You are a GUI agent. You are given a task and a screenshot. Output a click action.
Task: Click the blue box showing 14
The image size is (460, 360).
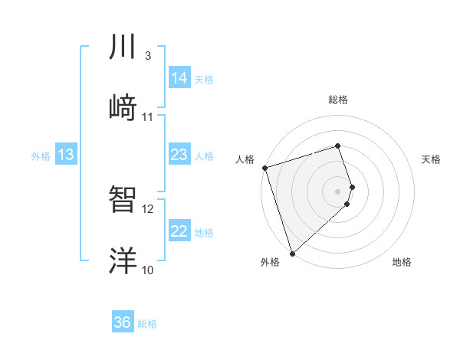click(179, 78)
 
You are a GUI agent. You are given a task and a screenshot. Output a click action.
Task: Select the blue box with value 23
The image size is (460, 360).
click(179, 155)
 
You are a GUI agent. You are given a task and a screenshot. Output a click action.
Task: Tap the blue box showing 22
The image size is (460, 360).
click(179, 231)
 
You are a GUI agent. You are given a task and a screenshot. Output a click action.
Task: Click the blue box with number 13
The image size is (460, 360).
click(66, 155)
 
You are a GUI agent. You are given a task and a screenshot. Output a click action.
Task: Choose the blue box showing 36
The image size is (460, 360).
click(123, 322)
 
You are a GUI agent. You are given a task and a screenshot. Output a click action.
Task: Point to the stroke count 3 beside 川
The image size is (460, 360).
click(147, 56)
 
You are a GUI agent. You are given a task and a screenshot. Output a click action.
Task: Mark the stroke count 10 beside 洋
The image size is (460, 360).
click(147, 270)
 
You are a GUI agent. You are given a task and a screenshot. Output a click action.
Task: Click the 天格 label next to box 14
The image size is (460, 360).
click(204, 79)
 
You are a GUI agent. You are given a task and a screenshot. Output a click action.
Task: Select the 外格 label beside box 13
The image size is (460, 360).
click(41, 155)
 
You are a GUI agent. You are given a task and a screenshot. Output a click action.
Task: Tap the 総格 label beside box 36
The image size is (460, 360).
click(147, 324)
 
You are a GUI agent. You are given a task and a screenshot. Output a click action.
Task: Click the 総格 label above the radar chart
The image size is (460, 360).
click(338, 100)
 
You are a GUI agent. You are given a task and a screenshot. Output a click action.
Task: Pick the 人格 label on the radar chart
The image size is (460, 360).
click(245, 159)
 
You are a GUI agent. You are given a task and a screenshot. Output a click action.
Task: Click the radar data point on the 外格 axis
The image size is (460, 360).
click(292, 253)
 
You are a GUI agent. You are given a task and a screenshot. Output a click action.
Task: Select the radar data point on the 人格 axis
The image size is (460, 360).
click(264, 168)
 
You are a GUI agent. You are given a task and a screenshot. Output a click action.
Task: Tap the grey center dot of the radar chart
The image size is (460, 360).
click(338, 191)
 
